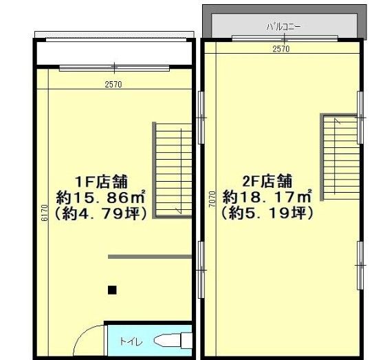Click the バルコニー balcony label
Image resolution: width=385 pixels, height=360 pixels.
(283, 27)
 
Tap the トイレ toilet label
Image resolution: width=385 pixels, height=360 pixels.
(131, 341)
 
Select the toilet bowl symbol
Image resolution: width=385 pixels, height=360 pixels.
(173, 341)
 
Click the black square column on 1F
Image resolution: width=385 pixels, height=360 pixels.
(112, 290)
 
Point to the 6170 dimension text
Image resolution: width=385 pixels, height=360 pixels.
(45, 213)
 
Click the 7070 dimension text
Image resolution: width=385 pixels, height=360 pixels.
(212, 199)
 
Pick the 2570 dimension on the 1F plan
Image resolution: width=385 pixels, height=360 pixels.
(113, 85)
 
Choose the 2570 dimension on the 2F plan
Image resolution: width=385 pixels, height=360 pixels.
(281, 49)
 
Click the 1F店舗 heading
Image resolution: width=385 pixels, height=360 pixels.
(101, 182)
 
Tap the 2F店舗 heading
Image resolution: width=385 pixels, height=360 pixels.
(267, 181)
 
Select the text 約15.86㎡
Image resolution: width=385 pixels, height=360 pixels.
(100, 198)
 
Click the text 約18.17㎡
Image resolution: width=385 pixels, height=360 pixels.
(267, 196)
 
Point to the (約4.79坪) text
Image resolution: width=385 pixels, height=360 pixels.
(101, 213)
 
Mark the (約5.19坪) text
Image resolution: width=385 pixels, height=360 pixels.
(267, 213)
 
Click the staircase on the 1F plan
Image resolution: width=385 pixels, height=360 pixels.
(172, 169)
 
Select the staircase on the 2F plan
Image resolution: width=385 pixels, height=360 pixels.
(340, 157)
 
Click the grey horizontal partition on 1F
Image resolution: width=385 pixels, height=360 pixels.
(150, 257)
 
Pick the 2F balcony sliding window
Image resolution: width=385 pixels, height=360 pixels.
(285, 38)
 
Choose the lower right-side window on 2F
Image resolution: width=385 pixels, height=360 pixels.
(360, 266)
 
